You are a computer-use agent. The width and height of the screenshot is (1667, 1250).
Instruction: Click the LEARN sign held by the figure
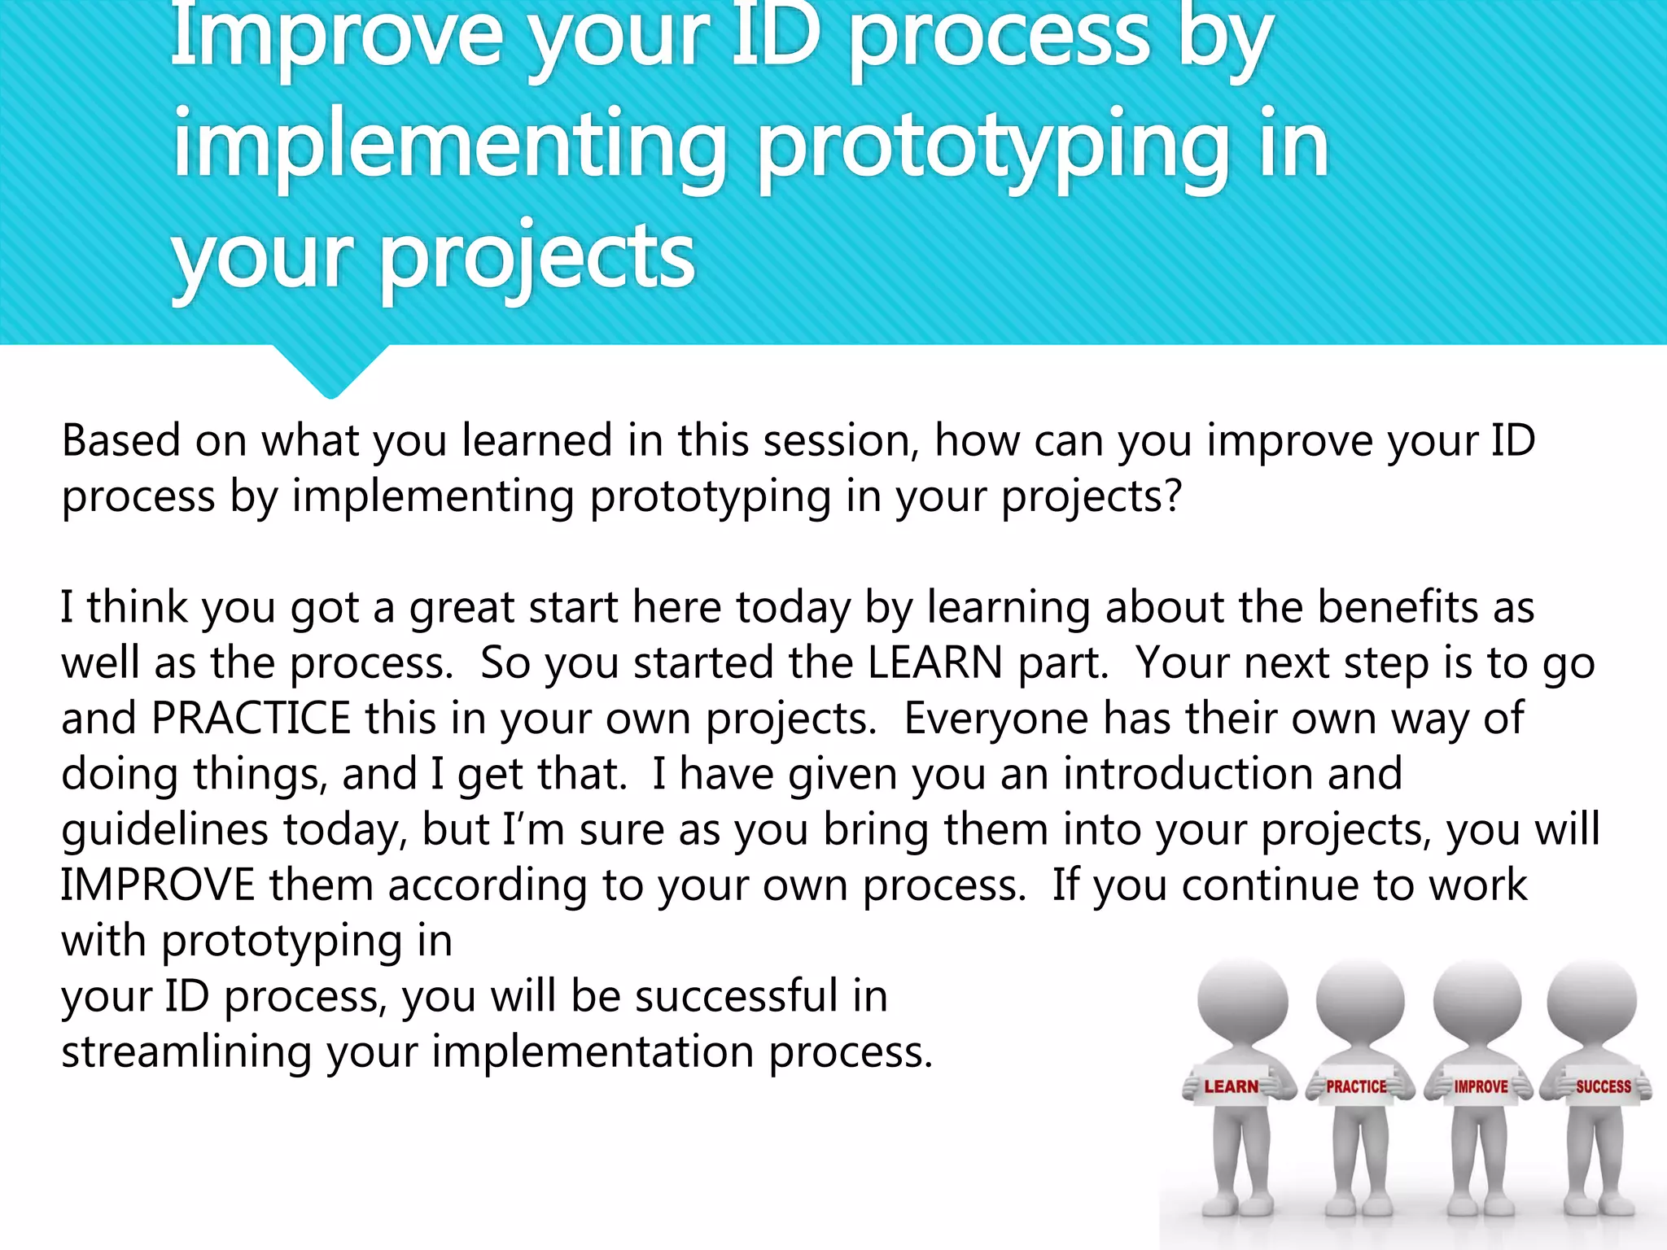(1231, 1086)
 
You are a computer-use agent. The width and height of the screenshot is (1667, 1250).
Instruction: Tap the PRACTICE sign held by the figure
(1356, 1086)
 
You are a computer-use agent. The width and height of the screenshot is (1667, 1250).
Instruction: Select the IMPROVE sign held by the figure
(1481, 1086)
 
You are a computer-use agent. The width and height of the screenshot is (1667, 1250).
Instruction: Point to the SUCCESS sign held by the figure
(1603, 1086)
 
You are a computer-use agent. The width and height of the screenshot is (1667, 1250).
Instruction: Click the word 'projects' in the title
(537, 259)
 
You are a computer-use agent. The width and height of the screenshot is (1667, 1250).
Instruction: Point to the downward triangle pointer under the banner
(330, 370)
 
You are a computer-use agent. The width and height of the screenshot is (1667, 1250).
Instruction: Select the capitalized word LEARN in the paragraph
(934, 662)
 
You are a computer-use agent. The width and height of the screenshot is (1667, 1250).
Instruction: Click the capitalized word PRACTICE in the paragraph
(251, 718)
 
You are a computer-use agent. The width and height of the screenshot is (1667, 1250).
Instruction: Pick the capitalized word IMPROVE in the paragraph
(158, 885)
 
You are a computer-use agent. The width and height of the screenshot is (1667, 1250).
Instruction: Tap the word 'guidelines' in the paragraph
(164, 829)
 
